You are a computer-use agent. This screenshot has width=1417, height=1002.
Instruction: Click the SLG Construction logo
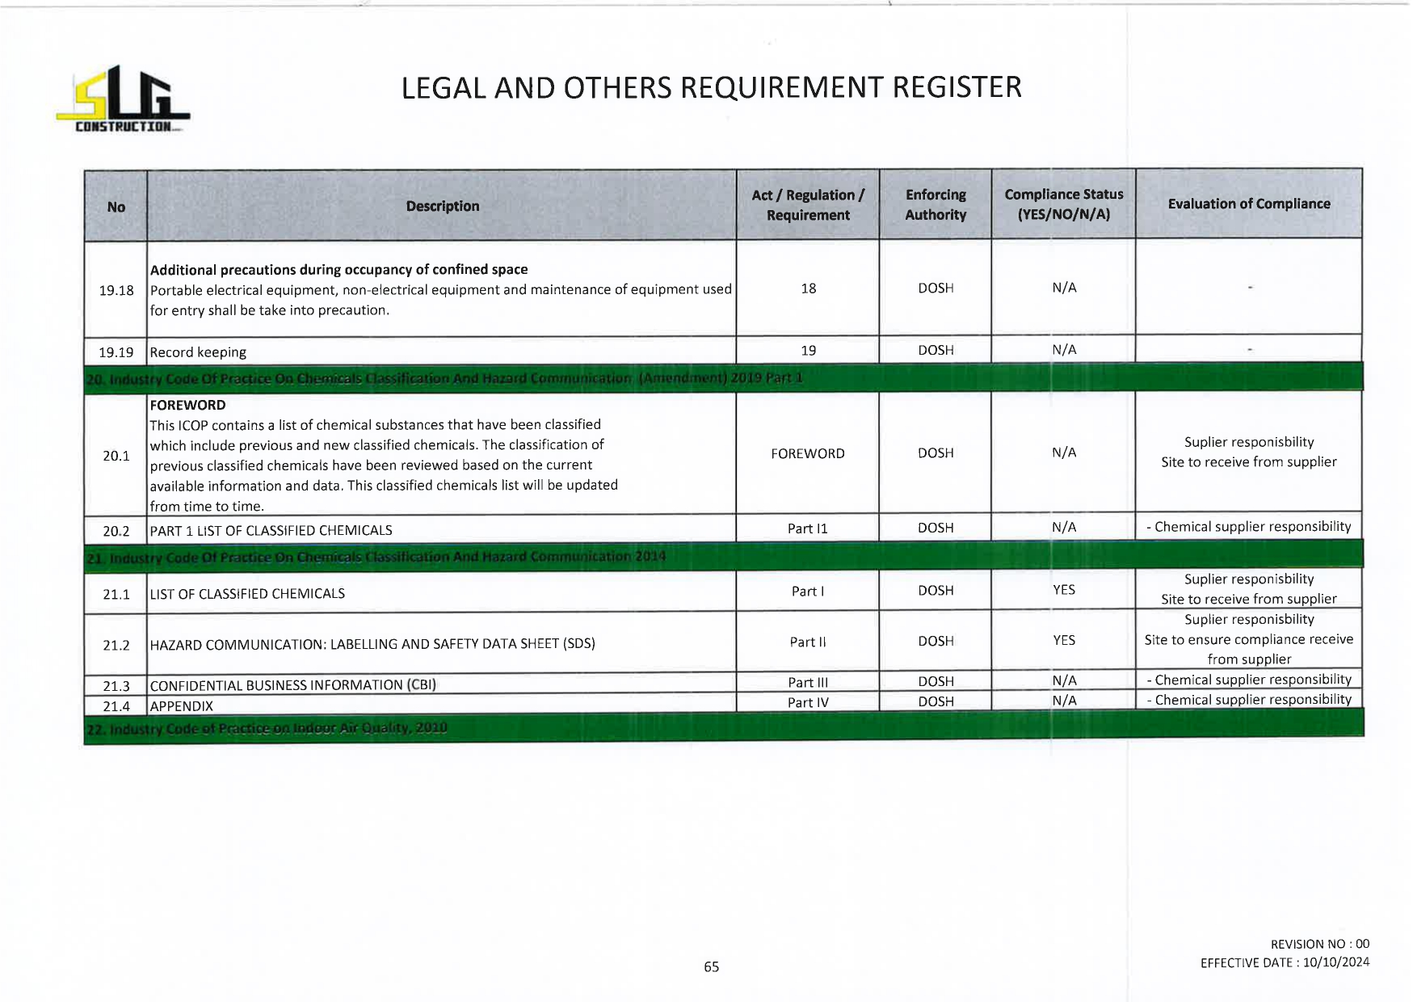point(123,99)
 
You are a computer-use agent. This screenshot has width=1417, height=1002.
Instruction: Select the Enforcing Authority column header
point(936,204)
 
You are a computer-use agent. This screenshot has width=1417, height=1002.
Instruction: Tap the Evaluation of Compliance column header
point(1248,204)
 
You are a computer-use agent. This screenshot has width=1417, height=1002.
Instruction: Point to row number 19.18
point(116,290)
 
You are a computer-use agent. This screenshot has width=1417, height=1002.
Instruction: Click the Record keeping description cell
point(198,352)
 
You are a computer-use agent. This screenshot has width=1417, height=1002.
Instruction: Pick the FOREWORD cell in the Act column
point(807,453)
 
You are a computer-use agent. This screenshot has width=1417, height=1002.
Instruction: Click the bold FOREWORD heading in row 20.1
point(187,405)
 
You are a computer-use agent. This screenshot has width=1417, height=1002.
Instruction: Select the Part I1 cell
point(807,528)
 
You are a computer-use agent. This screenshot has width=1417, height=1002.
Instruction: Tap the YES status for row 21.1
point(1063,590)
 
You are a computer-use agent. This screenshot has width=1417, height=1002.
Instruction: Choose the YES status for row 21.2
point(1063,640)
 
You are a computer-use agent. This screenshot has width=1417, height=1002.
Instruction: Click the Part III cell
point(807,682)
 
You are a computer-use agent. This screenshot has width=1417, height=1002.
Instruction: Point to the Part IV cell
point(807,702)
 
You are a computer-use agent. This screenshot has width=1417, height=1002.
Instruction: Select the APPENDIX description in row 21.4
point(182,706)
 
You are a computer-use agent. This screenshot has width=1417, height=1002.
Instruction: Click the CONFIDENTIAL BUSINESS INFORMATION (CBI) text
point(292,685)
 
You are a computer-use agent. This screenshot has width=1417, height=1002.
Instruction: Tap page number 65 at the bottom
point(711,966)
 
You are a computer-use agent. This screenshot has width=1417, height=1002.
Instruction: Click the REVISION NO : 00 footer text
point(1319,944)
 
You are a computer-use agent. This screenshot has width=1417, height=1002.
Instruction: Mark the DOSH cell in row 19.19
point(936,350)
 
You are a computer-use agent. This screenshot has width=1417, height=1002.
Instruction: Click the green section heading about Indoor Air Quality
point(267,728)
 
